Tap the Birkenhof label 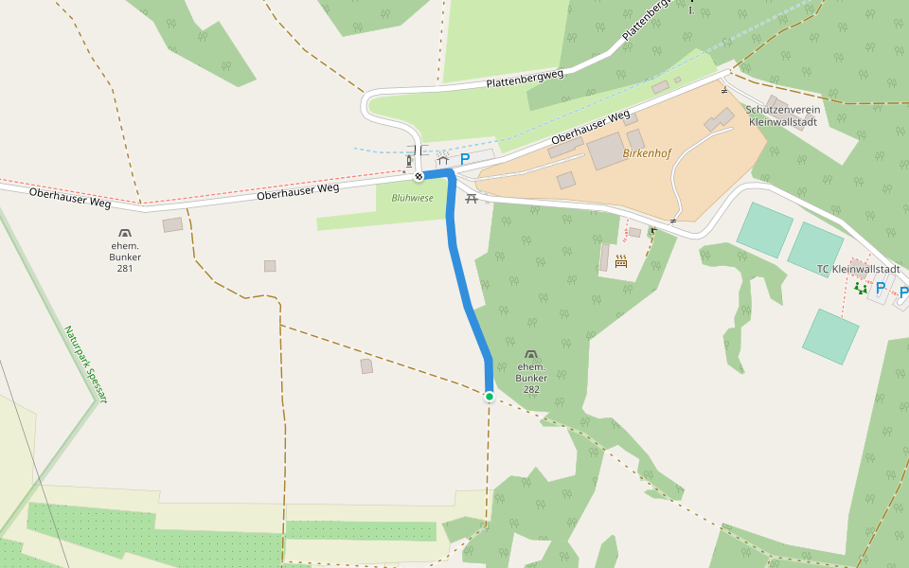(647, 152)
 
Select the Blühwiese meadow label (412, 198)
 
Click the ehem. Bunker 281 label (125, 256)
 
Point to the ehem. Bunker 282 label (531, 378)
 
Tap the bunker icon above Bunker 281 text (125, 233)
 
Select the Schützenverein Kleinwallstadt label (784, 115)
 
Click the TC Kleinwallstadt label (858, 269)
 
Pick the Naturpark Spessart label (86, 364)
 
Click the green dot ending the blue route (490, 397)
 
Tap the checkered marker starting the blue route (419, 175)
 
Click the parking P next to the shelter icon (465, 159)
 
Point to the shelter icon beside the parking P (442, 159)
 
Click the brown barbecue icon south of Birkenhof (621, 261)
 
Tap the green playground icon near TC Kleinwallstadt (860, 288)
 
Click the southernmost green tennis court (830, 336)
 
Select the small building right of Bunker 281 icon (172, 224)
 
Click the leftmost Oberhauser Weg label (70, 198)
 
